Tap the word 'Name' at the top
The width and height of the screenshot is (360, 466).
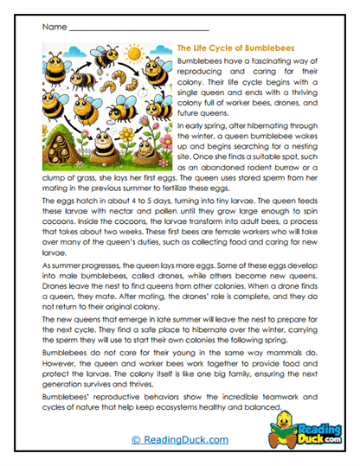click(x=54, y=27)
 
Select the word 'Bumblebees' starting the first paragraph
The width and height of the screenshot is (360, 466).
click(x=198, y=63)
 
